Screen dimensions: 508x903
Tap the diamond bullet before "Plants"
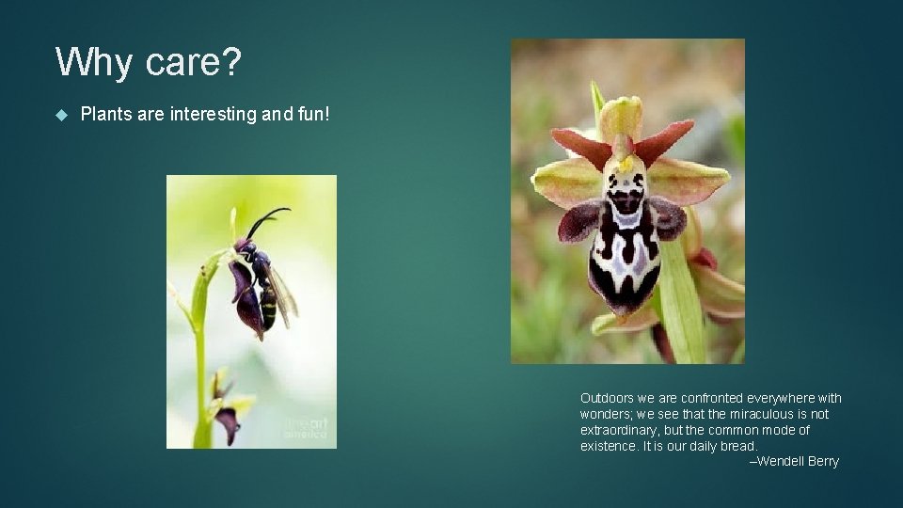62,115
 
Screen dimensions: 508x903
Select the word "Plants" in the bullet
106,114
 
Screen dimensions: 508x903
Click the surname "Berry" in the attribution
823,461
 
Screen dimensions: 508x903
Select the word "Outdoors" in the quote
608,398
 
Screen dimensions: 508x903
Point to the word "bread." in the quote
738,446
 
